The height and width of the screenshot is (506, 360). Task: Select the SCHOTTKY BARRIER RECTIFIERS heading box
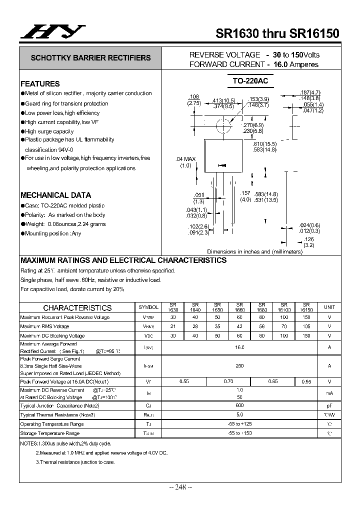(90, 58)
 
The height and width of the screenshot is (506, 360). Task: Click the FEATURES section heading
(40, 84)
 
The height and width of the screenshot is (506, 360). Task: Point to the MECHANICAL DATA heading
(55, 195)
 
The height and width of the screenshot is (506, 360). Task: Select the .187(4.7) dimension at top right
(310, 92)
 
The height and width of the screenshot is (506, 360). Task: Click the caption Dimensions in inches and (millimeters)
(254, 251)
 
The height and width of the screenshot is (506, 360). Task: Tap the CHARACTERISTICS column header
(77, 308)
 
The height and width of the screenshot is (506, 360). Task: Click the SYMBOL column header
(148, 307)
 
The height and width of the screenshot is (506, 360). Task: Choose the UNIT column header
(329, 307)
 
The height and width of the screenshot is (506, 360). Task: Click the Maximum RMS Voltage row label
(44, 326)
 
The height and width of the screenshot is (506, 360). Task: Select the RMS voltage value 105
(306, 326)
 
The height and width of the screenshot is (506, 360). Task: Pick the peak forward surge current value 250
(239, 366)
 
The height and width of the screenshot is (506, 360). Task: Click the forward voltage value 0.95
(306, 381)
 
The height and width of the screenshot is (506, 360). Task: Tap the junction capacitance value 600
(239, 405)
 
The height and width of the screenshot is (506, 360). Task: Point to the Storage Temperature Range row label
(49, 433)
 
